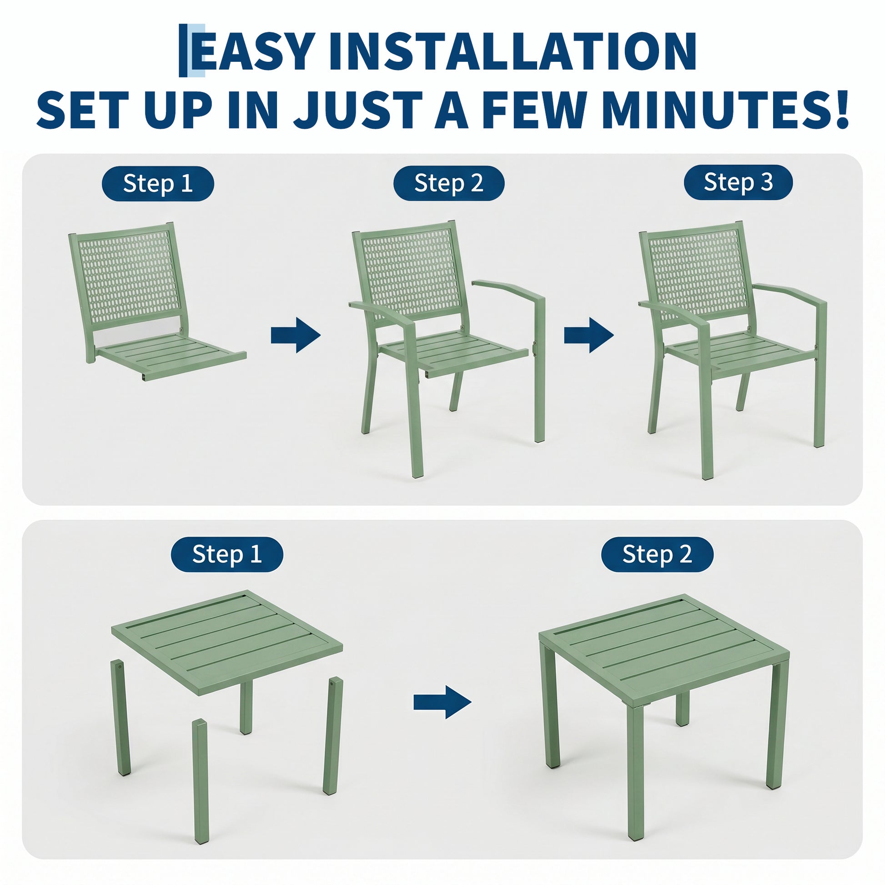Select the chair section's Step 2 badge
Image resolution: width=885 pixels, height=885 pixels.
(449, 183)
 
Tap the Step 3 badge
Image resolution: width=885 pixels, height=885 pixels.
(738, 182)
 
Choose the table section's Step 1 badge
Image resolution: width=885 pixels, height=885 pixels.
(227, 554)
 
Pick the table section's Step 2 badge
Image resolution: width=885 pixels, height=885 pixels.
(657, 554)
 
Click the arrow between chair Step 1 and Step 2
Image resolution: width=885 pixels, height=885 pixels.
(296, 335)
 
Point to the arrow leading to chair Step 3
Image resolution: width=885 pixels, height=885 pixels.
(588, 335)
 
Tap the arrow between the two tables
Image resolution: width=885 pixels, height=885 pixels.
(442, 702)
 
